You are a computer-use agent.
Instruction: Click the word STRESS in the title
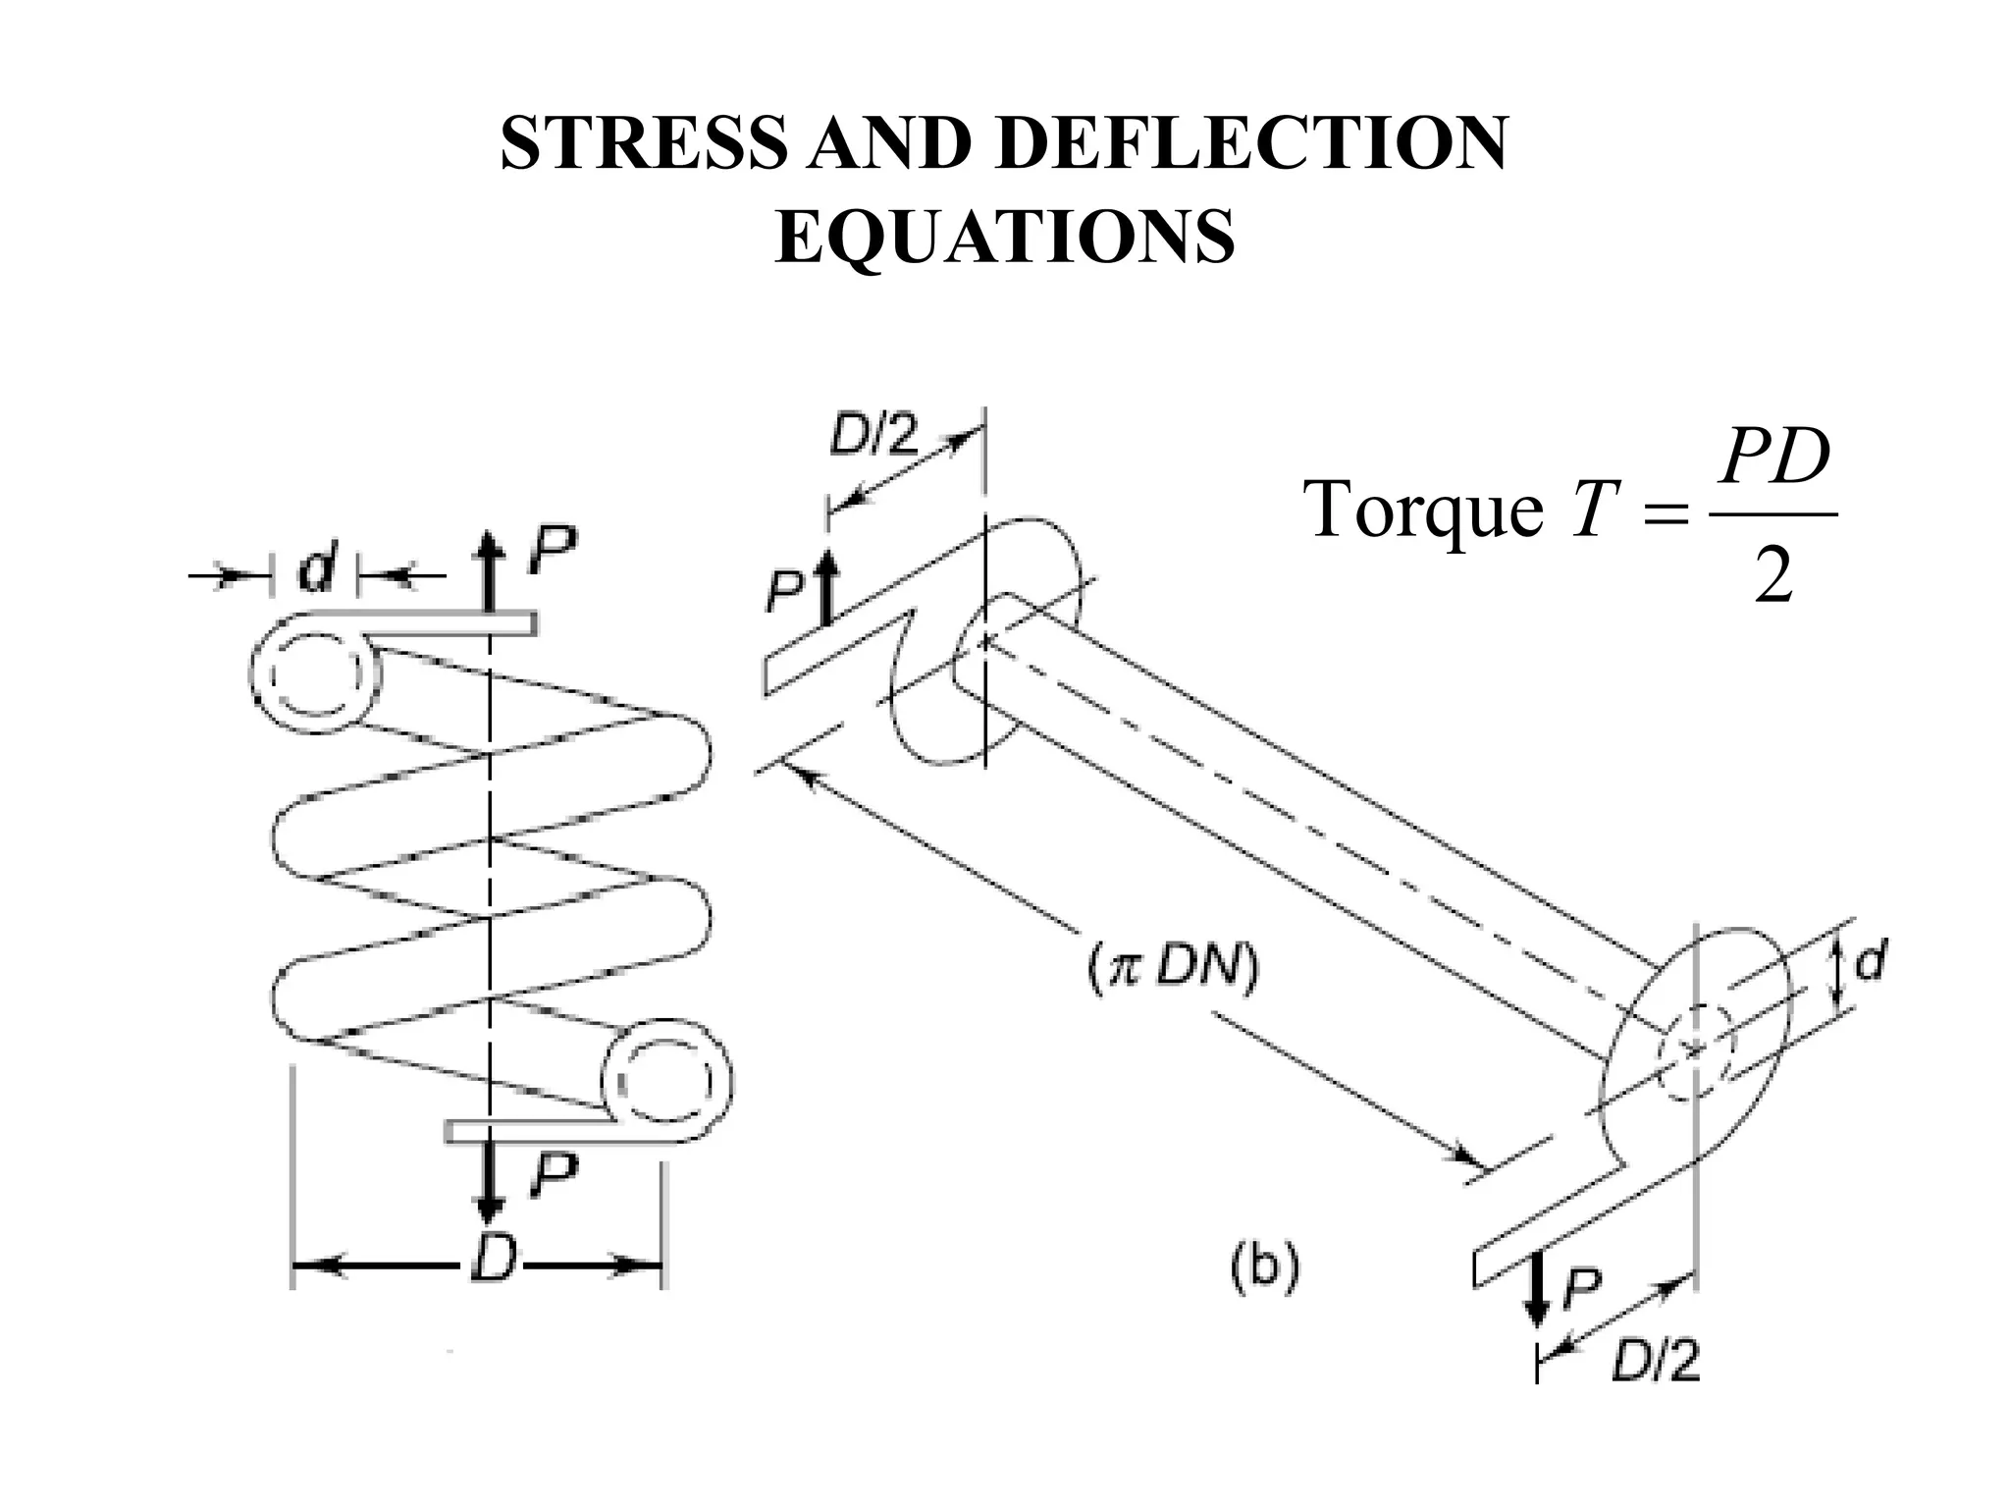[x=643, y=144]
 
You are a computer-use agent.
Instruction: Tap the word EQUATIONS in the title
[x=1004, y=239]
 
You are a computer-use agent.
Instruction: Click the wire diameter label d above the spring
[x=316, y=571]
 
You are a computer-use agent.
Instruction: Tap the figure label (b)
[x=1265, y=1267]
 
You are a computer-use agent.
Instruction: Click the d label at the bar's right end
[x=1871, y=963]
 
